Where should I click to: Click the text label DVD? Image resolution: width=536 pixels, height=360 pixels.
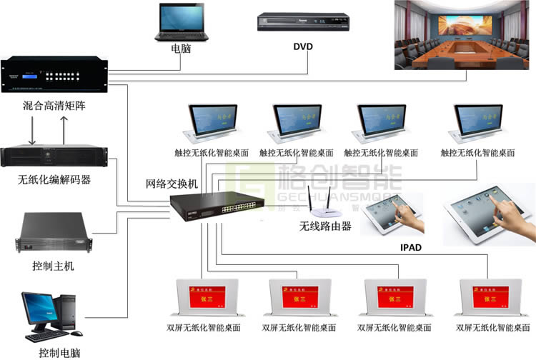coord(303,47)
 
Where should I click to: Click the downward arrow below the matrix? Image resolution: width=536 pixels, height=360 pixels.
coord(34,129)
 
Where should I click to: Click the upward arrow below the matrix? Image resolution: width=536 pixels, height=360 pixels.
coord(64,129)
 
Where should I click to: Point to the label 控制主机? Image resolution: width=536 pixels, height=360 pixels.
coord(54,266)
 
